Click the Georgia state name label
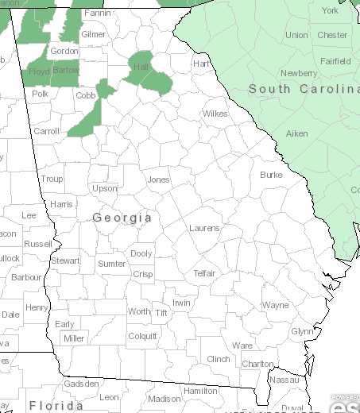[122, 217]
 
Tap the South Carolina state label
[304, 89]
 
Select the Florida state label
[56, 406]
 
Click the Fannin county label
[97, 14]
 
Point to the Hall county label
[142, 67]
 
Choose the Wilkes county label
[215, 114]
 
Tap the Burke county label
[271, 174]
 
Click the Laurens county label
[204, 228]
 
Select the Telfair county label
[204, 273]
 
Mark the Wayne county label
[276, 305]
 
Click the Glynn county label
[303, 331]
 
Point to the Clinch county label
[219, 359]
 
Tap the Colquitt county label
[142, 336]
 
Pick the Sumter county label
[111, 264]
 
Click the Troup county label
[52, 179]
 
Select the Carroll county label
[46, 131]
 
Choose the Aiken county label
[296, 133]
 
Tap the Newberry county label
[299, 73]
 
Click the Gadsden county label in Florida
[82, 384]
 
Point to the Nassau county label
[285, 380]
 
